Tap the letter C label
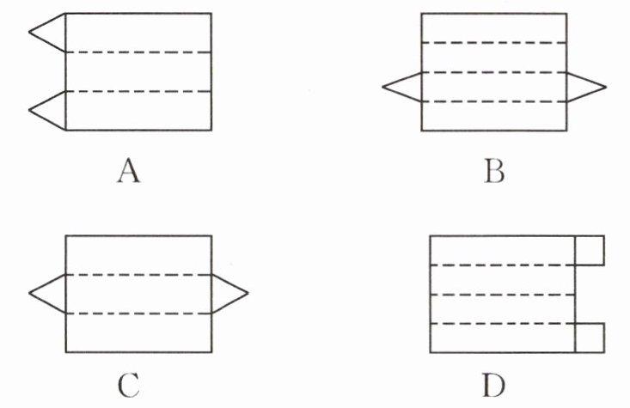coord(129,387)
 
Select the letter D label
coord(492,387)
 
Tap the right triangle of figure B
coord(584,87)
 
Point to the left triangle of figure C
coord(50,294)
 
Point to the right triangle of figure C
coord(227,294)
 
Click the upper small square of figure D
coord(590,249)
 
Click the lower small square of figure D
coord(590,338)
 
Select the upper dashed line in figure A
coord(138,52)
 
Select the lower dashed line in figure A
coord(138,91)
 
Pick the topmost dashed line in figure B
coord(493,41)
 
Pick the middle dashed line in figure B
coord(493,72)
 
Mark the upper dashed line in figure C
coord(138,275)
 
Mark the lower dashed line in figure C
coord(138,314)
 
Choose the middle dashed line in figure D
coord(502,294)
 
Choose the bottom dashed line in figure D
coord(502,323)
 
